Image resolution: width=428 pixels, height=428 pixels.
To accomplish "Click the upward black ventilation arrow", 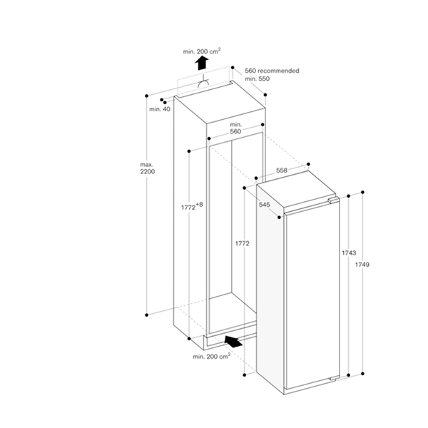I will (201, 64).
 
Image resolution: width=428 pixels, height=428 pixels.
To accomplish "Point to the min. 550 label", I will (258, 78).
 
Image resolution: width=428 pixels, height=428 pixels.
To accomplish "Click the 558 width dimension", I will (282, 170).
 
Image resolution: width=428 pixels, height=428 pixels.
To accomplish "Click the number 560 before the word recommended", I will (250, 71).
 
